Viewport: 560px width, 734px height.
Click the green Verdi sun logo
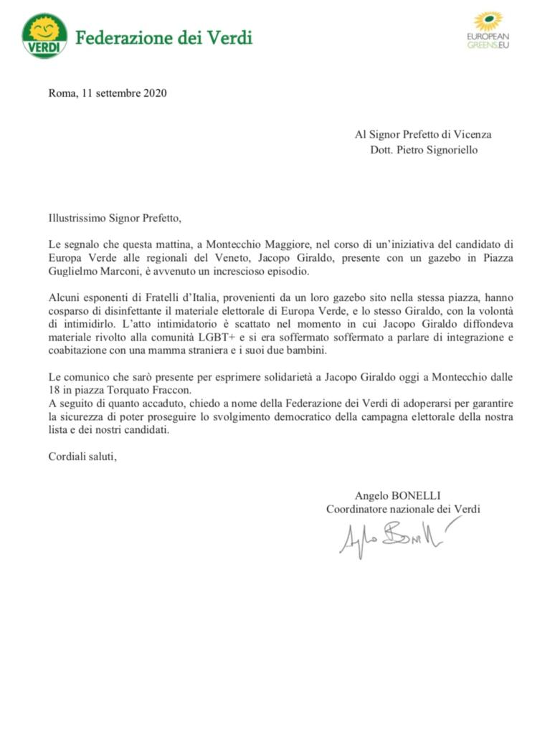pos(44,36)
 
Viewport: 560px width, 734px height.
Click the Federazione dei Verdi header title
pos(163,37)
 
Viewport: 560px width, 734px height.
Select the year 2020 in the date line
pos(154,92)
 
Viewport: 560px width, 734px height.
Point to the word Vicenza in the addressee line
pos(472,134)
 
